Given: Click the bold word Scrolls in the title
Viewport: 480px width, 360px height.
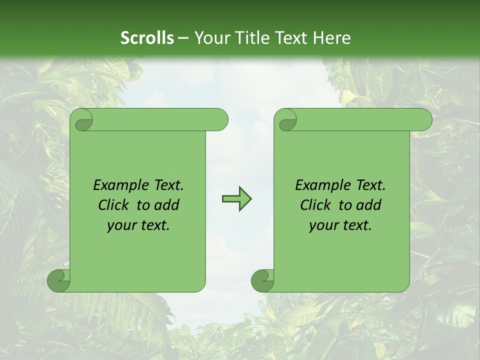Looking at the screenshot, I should click(147, 38).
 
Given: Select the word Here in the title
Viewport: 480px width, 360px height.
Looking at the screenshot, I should click(331, 38).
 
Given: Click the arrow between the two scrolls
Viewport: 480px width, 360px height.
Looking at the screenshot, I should click(236, 199).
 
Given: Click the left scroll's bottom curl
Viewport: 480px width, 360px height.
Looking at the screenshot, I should click(59, 281).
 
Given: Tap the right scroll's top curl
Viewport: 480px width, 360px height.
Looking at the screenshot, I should click(286, 120).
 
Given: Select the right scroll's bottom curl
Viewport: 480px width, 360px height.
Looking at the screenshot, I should click(262, 281).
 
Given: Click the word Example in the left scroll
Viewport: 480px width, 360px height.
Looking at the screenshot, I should click(118, 185).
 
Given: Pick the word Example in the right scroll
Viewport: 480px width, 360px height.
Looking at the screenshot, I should click(320, 185).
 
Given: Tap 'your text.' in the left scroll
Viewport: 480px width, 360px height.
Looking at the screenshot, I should click(138, 225).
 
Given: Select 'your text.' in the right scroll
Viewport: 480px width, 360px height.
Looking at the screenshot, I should click(340, 225).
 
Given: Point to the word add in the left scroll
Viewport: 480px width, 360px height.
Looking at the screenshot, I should click(167, 205).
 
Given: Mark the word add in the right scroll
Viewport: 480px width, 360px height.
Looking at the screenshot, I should click(369, 205).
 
